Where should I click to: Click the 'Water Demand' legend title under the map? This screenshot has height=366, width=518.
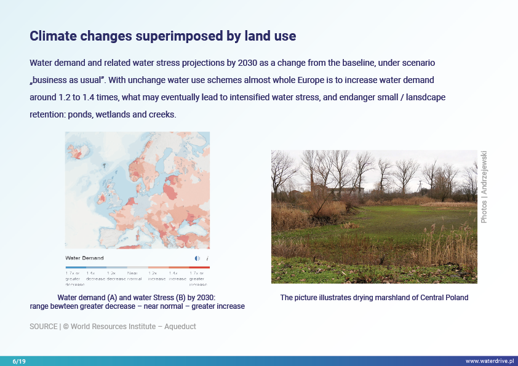(x=84, y=258)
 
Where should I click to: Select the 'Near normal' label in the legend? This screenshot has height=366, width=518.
(x=132, y=275)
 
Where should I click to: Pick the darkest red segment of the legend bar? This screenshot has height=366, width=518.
(x=199, y=267)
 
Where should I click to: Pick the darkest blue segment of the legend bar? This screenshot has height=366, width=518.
(x=75, y=267)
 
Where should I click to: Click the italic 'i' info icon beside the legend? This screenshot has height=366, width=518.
(x=207, y=258)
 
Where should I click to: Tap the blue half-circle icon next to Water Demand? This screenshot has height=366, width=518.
(x=197, y=258)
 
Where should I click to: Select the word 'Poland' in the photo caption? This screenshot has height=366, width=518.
(x=456, y=298)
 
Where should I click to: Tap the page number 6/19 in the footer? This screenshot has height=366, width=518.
(x=19, y=361)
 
